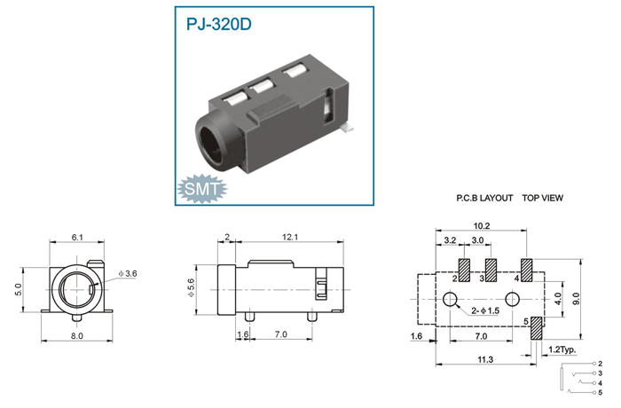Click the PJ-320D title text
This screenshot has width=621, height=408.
pyautogui.click(x=218, y=24)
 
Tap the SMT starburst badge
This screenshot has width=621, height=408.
pyautogui.click(x=202, y=189)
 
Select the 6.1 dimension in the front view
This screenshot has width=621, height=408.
pyautogui.click(x=77, y=238)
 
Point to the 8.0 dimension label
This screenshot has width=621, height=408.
pyautogui.click(x=77, y=336)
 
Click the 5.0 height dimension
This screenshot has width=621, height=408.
pyautogui.click(x=18, y=289)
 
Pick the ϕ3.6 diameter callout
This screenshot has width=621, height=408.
pyautogui.click(x=127, y=273)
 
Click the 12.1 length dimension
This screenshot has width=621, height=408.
pyautogui.click(x=290, y=237)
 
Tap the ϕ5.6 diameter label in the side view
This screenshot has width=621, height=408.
pyautogui.click(x=191, y=287)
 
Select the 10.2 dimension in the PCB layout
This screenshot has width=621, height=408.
pyautogui.click(x=482, y=226)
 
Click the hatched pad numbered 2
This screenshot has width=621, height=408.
pyautogui.click(x=464, y=271)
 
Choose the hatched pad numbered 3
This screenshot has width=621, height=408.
pyautogui.click(x=491, y=271)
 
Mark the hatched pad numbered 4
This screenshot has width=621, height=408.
pyautogui.click(x=527, y=271)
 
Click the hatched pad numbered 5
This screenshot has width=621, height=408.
pyautogui.click(x=537, y=327)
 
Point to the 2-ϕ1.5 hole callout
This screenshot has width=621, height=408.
pyautogui.click(x=485, y=310)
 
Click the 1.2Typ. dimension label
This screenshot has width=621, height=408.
pyautogui.click(x=562, y=349)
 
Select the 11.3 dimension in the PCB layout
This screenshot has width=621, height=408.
pyautogui.click(x=485, y=359)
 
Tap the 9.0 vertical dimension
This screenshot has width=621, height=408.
pyautogui.click(x=577, y=299)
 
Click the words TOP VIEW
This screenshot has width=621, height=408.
pyautogui.click(x=543, y=198)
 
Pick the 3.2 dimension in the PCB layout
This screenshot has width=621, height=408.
pyautogui.click(x=451, y=240)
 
